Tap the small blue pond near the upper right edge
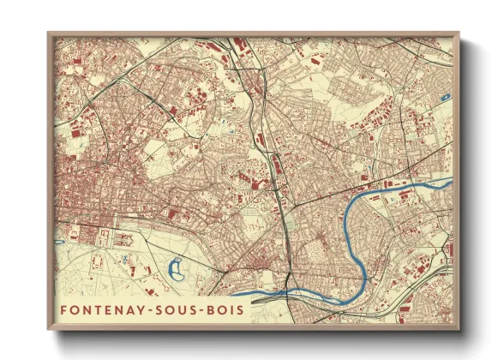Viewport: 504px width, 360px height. (443, 97)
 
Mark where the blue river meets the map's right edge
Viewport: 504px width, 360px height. (451, 181)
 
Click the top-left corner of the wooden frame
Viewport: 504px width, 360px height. (48, 33)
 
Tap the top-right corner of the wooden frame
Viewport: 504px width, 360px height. (459, 33)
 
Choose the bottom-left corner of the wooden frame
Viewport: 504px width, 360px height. (48, 331)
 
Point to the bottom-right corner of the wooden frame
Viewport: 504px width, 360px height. (459, 331)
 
